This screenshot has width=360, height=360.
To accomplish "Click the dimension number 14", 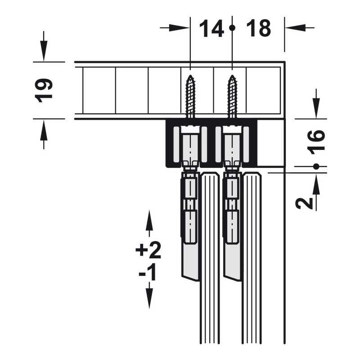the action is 211,28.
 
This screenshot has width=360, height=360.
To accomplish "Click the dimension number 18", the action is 258,28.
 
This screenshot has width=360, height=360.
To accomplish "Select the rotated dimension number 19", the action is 44,90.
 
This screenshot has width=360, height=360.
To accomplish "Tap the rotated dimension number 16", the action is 316,142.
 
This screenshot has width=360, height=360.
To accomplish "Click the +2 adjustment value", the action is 148,250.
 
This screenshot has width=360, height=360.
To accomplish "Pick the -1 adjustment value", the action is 148,272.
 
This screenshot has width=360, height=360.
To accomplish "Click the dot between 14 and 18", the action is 232,28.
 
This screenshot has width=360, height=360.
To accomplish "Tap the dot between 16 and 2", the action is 316,166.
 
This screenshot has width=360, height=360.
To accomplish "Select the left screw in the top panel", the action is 190,96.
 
